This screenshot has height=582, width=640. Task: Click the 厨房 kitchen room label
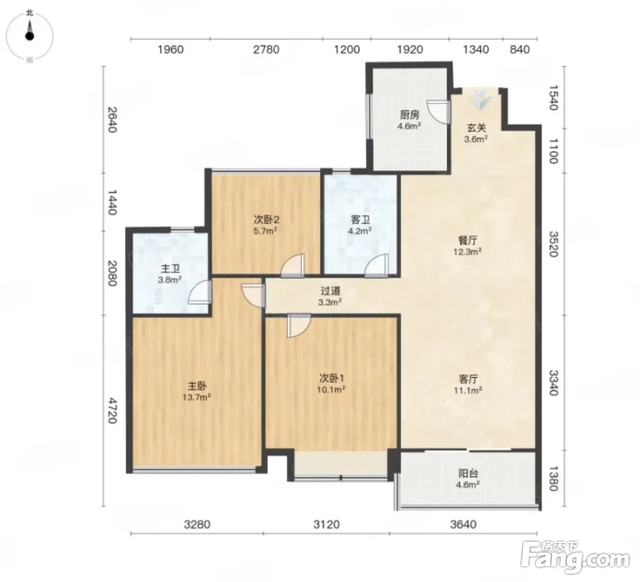pos(409,115)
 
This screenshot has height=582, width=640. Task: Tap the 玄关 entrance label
pos(477,128)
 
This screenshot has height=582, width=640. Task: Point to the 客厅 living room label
pos(468,379)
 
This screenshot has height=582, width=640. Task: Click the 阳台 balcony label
pos(468,473)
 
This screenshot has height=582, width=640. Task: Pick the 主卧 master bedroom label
pos(197,386)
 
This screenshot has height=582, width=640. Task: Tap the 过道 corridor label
pos(330,291)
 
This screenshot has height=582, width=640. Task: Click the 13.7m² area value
pos(197,397)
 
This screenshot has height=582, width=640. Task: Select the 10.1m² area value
pos(331,390)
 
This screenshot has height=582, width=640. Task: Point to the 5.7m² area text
pos(266,231)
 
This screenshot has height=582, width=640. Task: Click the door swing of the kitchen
pos(438,111)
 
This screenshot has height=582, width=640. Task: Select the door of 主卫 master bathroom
pos(200,292)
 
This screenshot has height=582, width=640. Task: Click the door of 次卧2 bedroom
pos(293,265)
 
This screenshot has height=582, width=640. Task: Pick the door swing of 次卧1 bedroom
pos(299,326)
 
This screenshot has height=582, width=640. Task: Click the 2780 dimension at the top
pos(266,50)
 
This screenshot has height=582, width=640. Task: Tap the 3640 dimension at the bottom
pos(463,524)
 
